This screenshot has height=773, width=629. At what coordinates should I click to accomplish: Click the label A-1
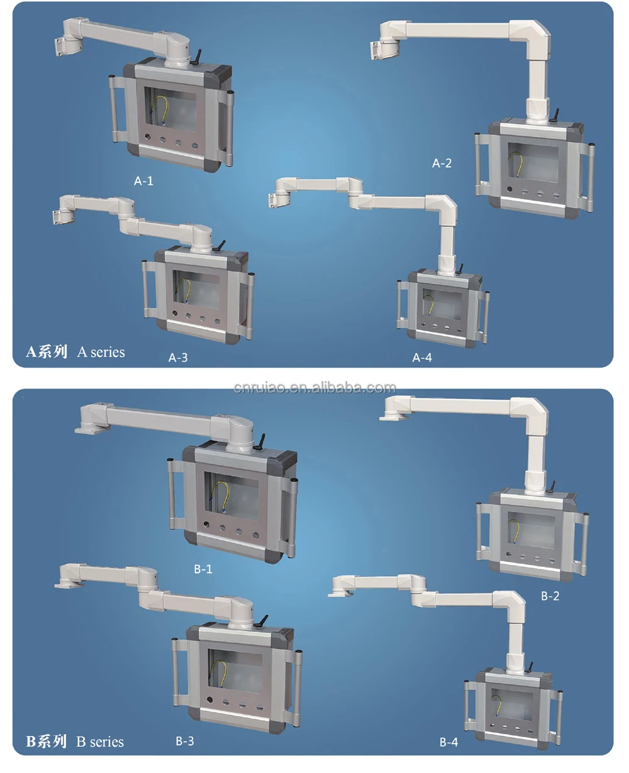(143, 181)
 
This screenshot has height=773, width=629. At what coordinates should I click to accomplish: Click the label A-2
(442, 163)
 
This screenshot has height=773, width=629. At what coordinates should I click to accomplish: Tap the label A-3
(178, 358)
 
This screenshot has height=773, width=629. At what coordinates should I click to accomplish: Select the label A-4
(422, 358)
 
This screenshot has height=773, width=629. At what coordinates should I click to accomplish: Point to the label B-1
(203, 569)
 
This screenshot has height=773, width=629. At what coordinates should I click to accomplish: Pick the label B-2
(550, 596)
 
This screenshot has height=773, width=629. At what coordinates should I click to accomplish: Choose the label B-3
(185, 741)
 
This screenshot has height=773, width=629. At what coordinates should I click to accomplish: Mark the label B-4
(448, 742)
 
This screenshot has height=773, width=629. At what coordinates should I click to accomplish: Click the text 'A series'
(101, 352)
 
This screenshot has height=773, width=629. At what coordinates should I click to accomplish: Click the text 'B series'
(100, 742)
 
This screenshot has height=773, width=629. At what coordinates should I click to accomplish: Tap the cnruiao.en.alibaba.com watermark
(314, 388)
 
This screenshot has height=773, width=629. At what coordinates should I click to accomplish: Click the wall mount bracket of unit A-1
(65, 43)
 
